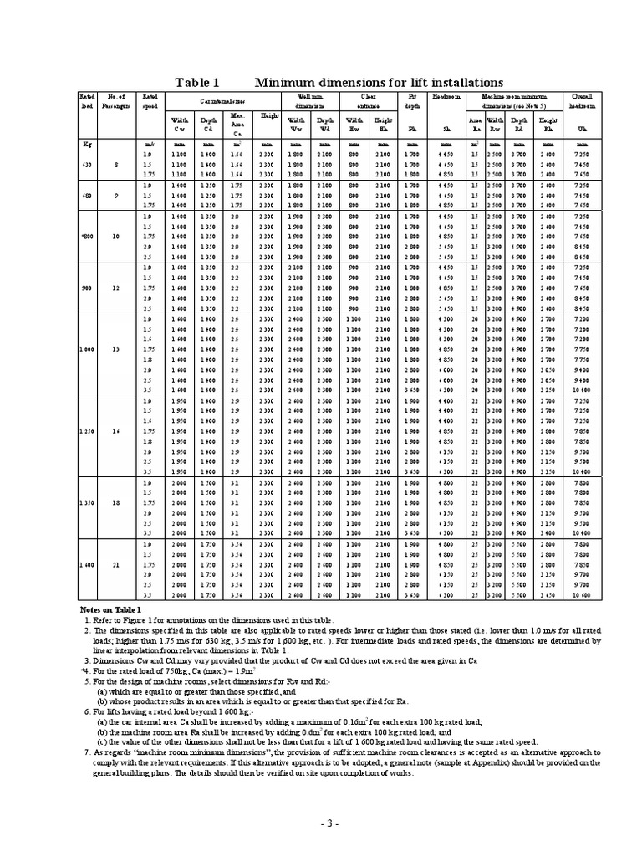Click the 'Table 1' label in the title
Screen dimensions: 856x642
(196, 82)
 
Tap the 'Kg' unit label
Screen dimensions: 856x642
(85, 145)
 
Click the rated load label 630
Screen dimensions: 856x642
(86, 165)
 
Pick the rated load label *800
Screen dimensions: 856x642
(86, 237)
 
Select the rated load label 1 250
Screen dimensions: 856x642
(86, 431)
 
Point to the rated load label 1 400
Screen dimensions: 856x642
(86, 565)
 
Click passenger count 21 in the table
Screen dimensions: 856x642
(116, 565)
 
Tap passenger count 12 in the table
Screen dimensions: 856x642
(116, 286)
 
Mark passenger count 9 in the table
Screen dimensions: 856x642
(116, 196)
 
